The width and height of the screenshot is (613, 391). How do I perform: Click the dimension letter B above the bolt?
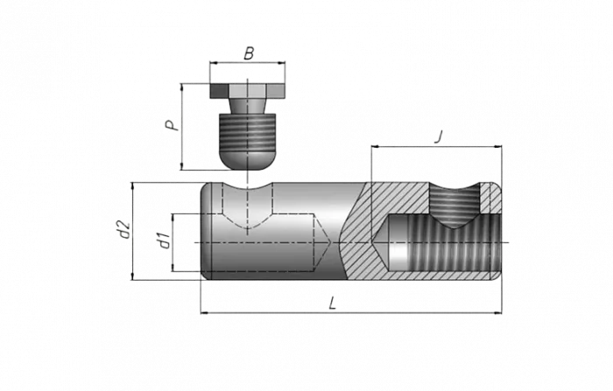coord(250,54)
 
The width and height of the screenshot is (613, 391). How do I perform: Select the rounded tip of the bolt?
coord(247,157)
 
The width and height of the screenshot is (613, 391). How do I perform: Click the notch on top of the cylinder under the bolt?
coord(247,185)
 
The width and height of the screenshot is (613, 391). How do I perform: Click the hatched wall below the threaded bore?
coord(438,274)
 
